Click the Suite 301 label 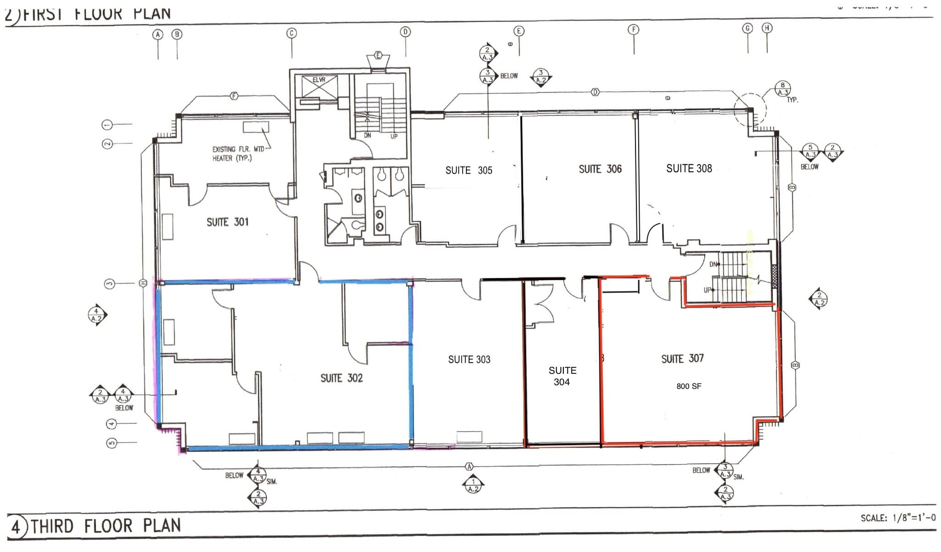[x=227, y=222]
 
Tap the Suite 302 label [x=341, y=378]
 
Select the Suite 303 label [x=469, y=360]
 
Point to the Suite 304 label [x=562, y=376]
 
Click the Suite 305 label [x=469, y=170]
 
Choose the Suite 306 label [x=600, y=169]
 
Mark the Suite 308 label [x=689, y=169]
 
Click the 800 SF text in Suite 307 [x=689, y=386]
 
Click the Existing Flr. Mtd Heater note [x=238, y=153]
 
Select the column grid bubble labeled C [x=291, y=33]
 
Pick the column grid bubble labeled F [x=634, y=30]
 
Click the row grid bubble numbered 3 [x=109, y=283]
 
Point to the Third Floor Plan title [x=106, y=526]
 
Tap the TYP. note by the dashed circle [x=792, y=100]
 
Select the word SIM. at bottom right [x=738, y=477]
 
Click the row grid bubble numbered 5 [x=112, y=443]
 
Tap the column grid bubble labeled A [x=158, y=34]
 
